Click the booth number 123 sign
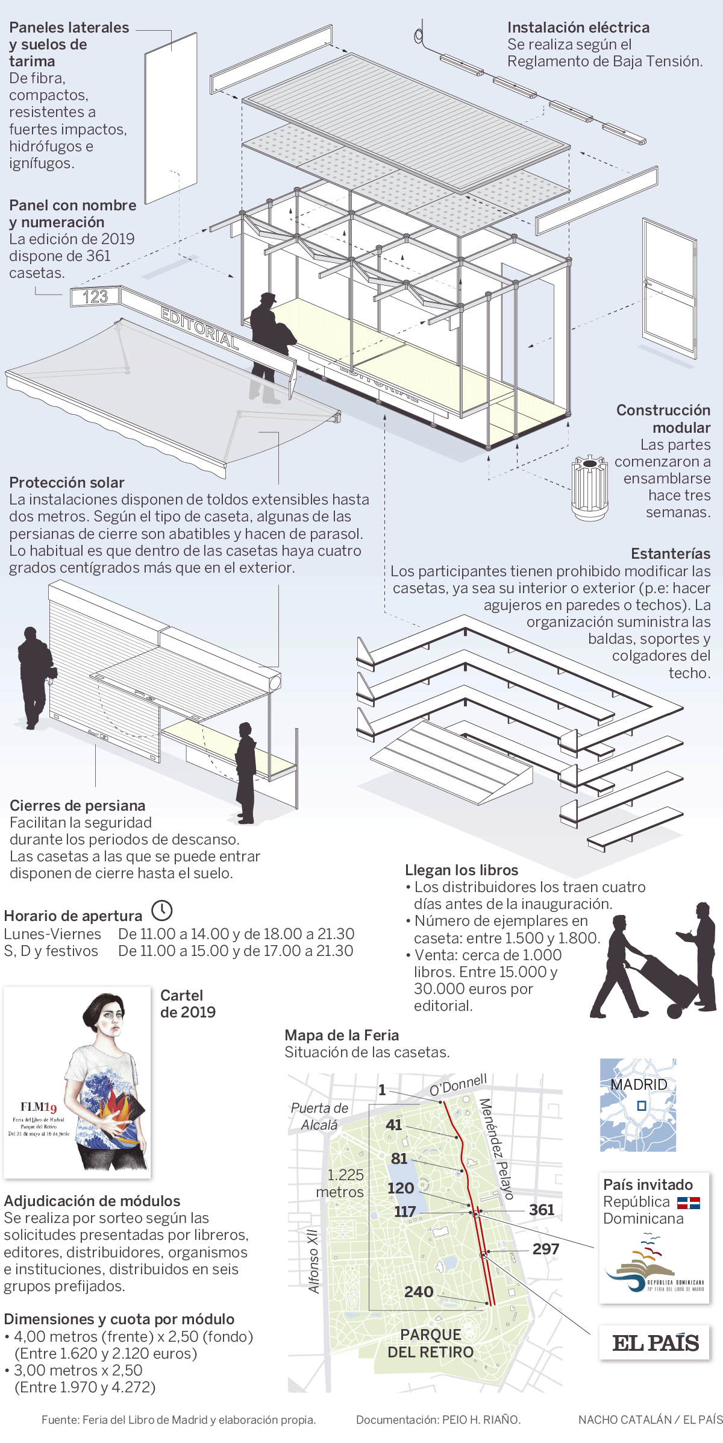(x=95, y=297)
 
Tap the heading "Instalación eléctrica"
(x=578, y=27)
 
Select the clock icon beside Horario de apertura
(x=161, y=910)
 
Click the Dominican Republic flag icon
(x=688, y=1203)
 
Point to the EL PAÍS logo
(x=656, y=1343)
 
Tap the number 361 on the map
(x=542, y=1210)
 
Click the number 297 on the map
(x=546, y=1249)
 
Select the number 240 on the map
(x=419, y=1292)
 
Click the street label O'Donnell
(x=459, y=1084)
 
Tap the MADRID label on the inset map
(x=639, y=1084)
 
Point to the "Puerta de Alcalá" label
(x=319, y=1116)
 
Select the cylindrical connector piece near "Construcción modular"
(x=590, y=488)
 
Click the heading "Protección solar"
(x=67, y=482)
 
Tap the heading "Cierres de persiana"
(x=78, y=805)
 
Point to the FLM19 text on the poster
(x=39, y=1107)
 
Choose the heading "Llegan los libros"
(x=462, y=870)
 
